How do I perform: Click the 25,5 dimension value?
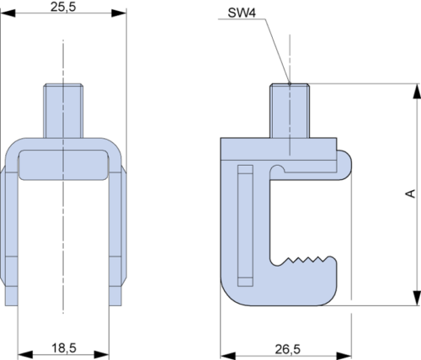click(x=63, y=7)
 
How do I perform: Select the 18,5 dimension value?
click(x=64, y=348)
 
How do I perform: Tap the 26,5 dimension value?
click(x=288, y=349)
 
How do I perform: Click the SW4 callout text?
click(x=242, y=13)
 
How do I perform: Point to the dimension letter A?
click(x=411, y=193)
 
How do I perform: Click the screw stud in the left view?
click(x=63, y=111)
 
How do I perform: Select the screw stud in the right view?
click(x=290, y=111)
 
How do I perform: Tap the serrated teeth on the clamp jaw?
click(x=306, y=260)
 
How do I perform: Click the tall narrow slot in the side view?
click(x=245, y=225)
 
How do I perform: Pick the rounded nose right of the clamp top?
click(x=344, y=165)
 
